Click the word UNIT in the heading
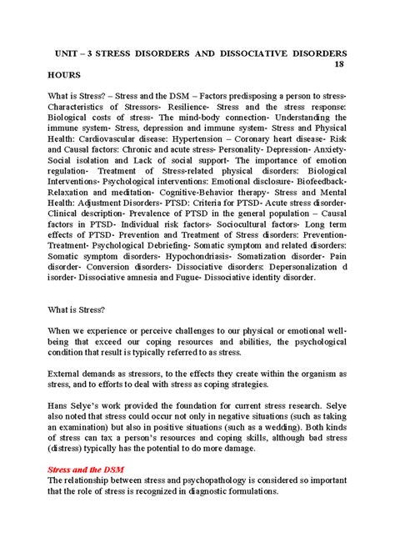[x=68, y=51]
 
